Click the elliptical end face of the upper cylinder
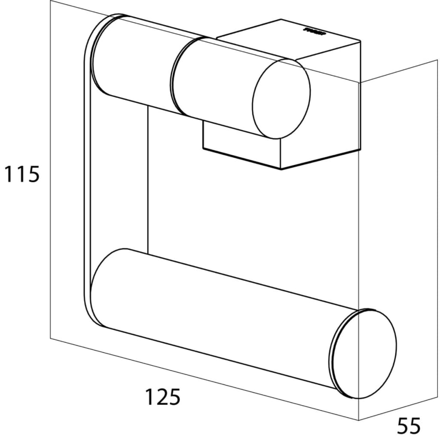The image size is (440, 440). [281, 99]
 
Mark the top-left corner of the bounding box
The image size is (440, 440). [51, 1]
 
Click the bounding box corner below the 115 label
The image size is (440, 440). [51, 338]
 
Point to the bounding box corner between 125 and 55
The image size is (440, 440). [358, 420]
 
